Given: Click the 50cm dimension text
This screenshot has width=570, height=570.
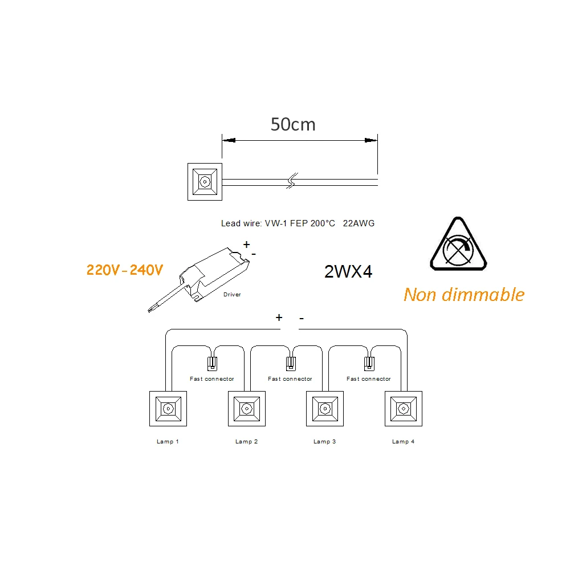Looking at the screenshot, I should pos(292,124).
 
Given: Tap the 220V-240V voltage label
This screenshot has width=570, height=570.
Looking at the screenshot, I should pos(124,270).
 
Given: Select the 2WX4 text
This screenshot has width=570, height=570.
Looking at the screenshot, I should pos(348,272).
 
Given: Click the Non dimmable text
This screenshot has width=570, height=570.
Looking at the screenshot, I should pos(463,295).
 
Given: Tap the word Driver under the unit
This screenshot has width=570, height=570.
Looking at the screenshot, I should pos(232,295).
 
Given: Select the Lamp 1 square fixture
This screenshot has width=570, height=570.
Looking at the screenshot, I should pos(168,408).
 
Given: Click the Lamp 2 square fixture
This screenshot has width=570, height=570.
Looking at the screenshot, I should pos(246,408).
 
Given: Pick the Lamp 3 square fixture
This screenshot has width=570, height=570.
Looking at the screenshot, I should pos(325,408).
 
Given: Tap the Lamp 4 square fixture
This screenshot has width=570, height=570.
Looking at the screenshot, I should pos(404,408).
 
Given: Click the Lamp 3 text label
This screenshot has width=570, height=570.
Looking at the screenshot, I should pos(324,442).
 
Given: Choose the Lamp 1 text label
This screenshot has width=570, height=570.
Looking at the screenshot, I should pos(168,442).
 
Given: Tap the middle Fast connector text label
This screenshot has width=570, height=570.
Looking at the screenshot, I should pos(290,379).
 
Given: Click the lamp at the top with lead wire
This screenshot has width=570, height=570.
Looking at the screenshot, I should pos(203,182).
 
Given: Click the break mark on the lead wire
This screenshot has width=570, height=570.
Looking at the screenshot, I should pos(291,182).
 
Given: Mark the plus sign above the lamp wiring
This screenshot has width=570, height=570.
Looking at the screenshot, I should pos(279,317).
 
